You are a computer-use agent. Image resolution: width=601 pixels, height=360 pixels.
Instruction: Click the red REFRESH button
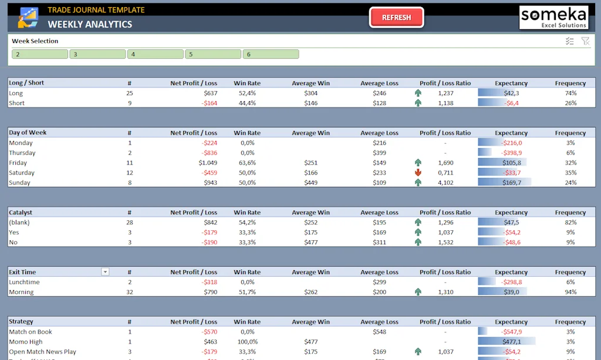click(x=396, y=18)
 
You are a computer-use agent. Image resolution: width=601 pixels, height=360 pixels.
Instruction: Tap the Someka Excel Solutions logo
click(x=553, y=17)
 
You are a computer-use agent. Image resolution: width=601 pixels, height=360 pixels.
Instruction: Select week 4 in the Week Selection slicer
click(x=155, y=54)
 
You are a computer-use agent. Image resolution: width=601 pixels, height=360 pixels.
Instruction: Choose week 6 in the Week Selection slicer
click(x=271, y=54)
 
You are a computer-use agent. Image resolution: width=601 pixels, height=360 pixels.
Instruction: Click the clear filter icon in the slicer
click(x=585, y=41)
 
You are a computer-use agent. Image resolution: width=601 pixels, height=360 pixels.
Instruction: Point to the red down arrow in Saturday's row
click(x=418, y=173)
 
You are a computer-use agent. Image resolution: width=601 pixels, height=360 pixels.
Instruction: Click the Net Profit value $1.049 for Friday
click(x=208, y=163)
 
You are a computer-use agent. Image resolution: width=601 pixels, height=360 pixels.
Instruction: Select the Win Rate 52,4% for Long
click(x=247, y=93)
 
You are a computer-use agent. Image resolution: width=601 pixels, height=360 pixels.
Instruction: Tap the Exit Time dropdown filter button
click(x=105, y=272)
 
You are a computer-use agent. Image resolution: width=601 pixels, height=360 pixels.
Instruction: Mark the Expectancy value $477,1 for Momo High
click(x=511, y=342)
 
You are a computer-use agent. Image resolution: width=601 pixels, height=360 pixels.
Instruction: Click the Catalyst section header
click(x=21, y=213)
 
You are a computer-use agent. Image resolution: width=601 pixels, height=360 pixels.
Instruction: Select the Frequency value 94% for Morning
click(x=570, y=292)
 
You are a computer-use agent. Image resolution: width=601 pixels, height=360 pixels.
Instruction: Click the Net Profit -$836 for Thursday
click(x=210, y=153)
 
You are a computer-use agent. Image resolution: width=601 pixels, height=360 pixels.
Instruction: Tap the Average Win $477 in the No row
click(x=310, y=242)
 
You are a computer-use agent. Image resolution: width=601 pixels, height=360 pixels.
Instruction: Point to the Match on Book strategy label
click(x=31, y=332)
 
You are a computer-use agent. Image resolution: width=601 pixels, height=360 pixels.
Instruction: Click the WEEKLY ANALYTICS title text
click(x=90, y=24)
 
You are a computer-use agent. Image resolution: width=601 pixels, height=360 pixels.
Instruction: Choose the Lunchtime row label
click(x=25, y=282)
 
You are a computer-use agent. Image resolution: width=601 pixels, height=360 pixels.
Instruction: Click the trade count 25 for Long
click(x=129, y=93)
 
